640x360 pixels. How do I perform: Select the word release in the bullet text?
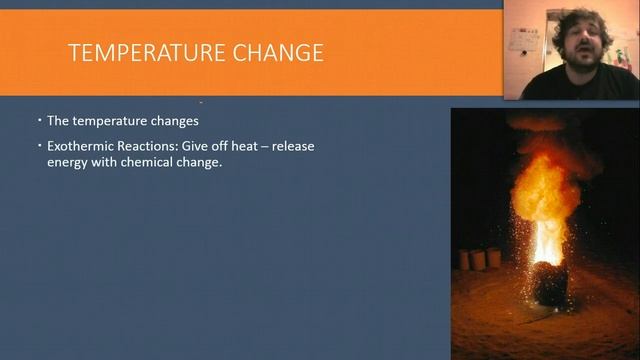tap(293, 146)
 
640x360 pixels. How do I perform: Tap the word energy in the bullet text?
tap(68, 162)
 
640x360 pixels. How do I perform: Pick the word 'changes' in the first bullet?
tap(174, 121)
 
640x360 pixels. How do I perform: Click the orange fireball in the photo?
tap(546, 190)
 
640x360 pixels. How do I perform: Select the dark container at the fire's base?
tap(549, 285)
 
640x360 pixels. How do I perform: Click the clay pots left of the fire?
tap(479, 259)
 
